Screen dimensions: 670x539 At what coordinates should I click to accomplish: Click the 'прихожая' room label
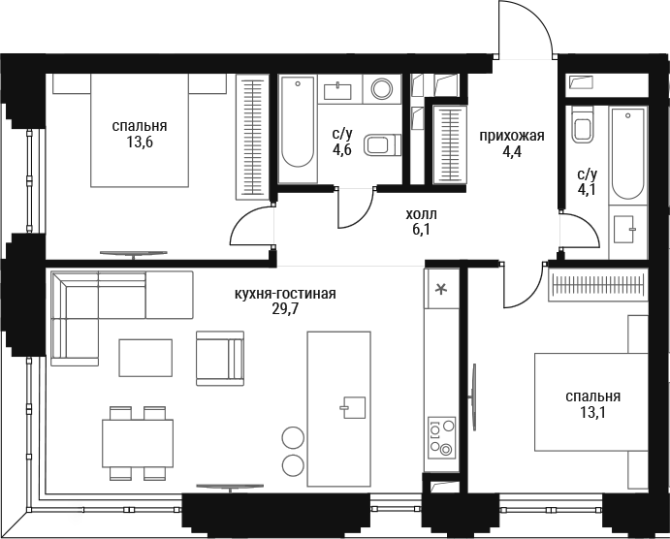coord(512,137)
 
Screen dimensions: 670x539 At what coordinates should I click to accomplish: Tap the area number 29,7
coord(285,309)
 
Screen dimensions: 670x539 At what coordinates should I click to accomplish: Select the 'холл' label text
coord(422,214)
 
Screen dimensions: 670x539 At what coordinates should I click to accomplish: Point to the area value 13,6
coord(140,142)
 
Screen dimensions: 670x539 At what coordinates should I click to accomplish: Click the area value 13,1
coord(592,412)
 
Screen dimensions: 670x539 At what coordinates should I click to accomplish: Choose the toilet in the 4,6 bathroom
coord(382,144)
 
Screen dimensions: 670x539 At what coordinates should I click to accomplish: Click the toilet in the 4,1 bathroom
coord(582,125)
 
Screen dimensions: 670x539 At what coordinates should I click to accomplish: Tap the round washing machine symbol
coord(382,89)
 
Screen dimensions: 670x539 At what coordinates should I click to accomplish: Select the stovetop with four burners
coord(442,437)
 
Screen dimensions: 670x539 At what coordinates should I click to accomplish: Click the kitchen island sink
coord(353,407)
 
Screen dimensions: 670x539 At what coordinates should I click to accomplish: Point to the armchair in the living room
coord(220,359)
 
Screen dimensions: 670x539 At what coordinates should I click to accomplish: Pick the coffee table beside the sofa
coord(145,358)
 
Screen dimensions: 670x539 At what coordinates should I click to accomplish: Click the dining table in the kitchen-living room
coord(138,443)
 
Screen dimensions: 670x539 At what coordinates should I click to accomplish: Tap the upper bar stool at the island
coord(293,438)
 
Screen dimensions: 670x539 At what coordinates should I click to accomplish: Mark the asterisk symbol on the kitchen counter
coord(440,290)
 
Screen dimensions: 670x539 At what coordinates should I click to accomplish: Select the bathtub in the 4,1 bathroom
coord(627,154)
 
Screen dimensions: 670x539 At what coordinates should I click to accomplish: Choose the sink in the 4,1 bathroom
coord(623,230)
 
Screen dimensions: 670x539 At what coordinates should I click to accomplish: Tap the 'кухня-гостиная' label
coord(285,294)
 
